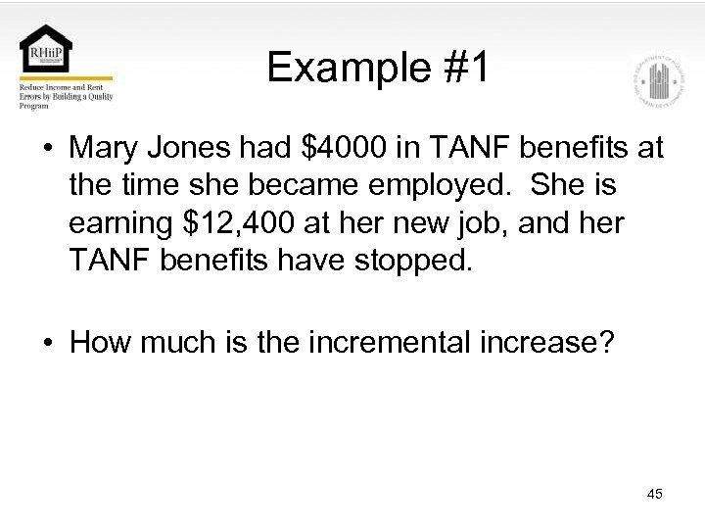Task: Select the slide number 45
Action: (x=654, y=494)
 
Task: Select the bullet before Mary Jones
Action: (x=48, y=150)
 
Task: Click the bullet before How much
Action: (x=48, y=344)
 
